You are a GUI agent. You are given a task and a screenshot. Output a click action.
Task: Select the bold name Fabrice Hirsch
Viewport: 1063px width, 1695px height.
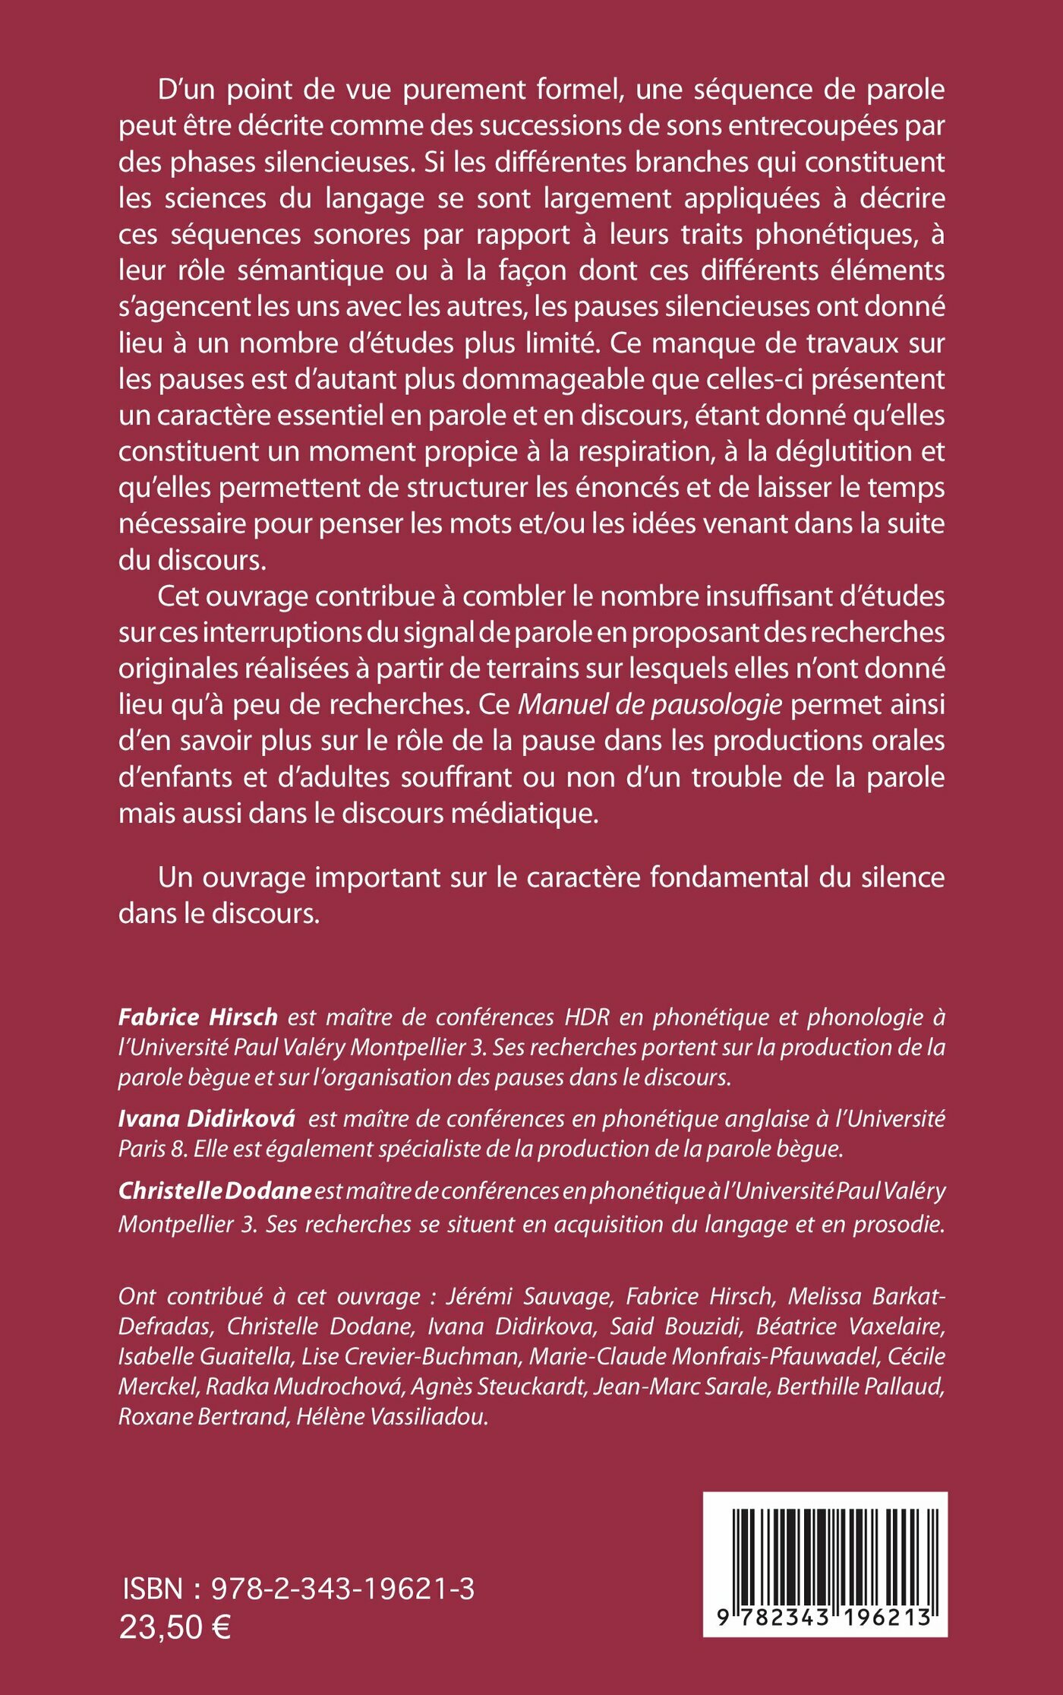pyautogui.click(x=198, y=1017)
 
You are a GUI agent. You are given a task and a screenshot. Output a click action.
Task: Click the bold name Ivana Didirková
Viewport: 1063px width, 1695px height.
pyautogui.click(x=207, y=1119)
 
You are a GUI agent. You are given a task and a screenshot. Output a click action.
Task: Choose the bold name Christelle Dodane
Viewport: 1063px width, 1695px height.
pyautogui.click(x=215, y=1191)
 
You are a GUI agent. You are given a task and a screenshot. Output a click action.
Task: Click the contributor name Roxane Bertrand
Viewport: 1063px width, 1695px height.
pyautogui.click(x=200, y=1418)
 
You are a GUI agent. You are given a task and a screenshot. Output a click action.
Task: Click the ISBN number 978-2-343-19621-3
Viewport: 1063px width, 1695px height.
pyautogui.click(x=342, y=1589)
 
